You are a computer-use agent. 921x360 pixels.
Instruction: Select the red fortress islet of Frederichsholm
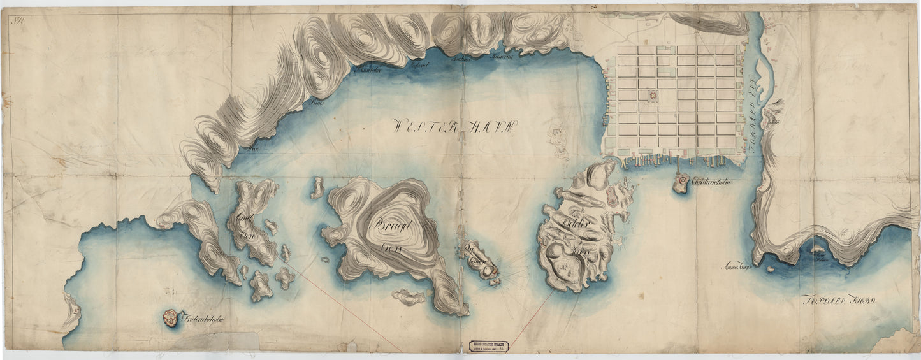[170, 317]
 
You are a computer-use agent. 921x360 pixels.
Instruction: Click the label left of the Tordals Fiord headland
[738, 266]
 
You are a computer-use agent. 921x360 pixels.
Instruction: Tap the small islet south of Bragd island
[409, 297]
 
